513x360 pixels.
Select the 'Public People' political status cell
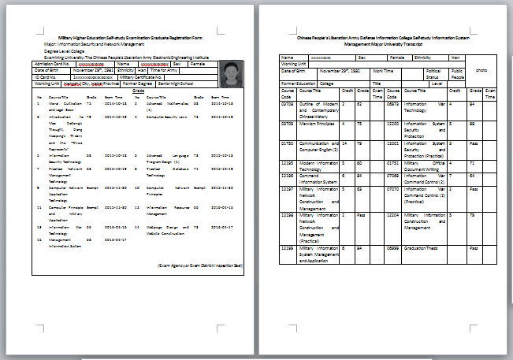tap(456, 74)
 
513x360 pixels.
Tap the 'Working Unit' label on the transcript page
tap(294, 64)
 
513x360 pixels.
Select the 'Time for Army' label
tap(164, 71)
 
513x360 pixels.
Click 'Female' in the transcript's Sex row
tap(397, 58)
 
